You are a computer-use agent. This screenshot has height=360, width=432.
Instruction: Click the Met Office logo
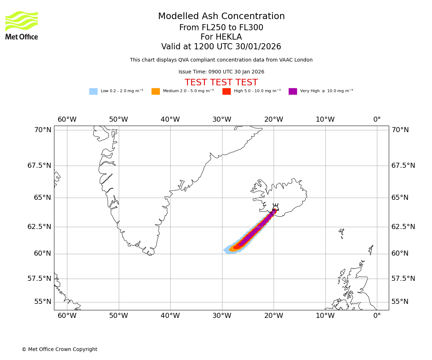click(x=22, y=25)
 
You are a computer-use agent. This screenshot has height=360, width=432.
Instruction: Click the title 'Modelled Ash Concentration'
click(x=221, y=17)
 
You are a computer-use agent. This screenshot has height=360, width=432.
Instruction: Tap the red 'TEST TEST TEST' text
click(x=221, y=83)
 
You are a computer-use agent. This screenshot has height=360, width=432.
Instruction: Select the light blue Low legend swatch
click(x=93, y=91)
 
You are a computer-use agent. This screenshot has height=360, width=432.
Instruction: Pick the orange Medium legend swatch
click(x=156, y=91)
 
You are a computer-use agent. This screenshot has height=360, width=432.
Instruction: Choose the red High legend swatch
click(x=226, y=91)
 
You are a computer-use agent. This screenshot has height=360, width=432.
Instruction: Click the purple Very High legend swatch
click(x=293, y=91)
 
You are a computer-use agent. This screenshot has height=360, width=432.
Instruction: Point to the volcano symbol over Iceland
click(x=275, y=207)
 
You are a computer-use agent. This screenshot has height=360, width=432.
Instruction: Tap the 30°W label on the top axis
click(x=222, y=120)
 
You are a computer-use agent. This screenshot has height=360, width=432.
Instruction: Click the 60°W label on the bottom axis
click(x=67, y=316)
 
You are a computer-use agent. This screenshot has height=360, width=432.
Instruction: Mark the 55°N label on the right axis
click(x=400, y=302)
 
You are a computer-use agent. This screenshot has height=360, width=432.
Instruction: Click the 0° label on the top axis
click(x=377, y=120)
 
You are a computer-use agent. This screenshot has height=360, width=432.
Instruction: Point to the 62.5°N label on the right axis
click(x=403, y=227)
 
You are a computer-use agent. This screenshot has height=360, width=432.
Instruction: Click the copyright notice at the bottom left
click(x=59, y=349)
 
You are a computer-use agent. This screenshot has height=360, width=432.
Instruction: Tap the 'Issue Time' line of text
click(x=221, y=72)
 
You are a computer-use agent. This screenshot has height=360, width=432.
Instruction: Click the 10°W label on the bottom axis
click(x=325, y=316)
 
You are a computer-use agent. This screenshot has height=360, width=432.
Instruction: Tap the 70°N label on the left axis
click(x=43, y=130)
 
